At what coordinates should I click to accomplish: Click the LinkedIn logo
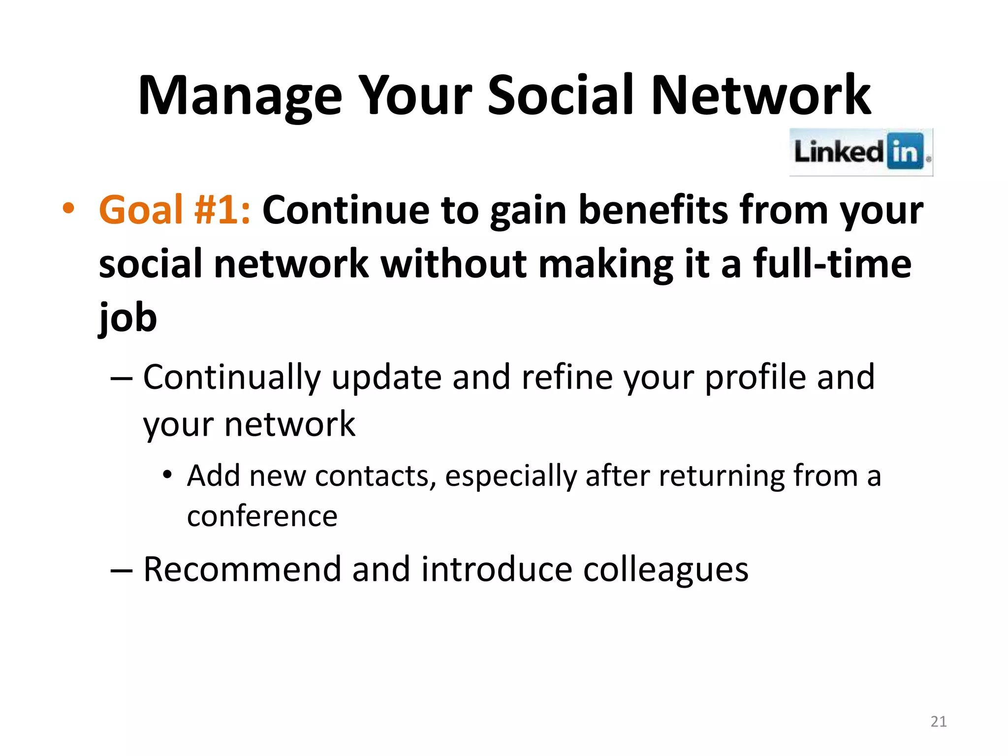tap(861, 152)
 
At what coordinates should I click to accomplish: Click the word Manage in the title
tap(240, 96)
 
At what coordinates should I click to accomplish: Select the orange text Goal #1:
tap(175, 210)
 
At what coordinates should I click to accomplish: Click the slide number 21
tap(938, 722)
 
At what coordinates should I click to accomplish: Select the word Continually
tap(231, 378)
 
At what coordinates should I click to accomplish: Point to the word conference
tap(262, 517)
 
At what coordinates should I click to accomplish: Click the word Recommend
tap(242, 569)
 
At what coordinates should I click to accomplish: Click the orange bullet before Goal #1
tap(68, 209)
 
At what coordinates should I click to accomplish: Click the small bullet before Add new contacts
tap(167, 475)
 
